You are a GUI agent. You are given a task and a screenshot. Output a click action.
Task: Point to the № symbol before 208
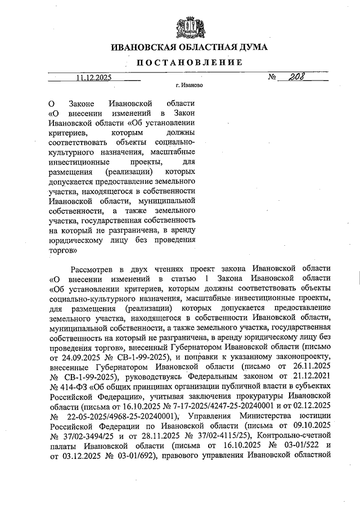273,79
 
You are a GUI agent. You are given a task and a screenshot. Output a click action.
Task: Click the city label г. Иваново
188,87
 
